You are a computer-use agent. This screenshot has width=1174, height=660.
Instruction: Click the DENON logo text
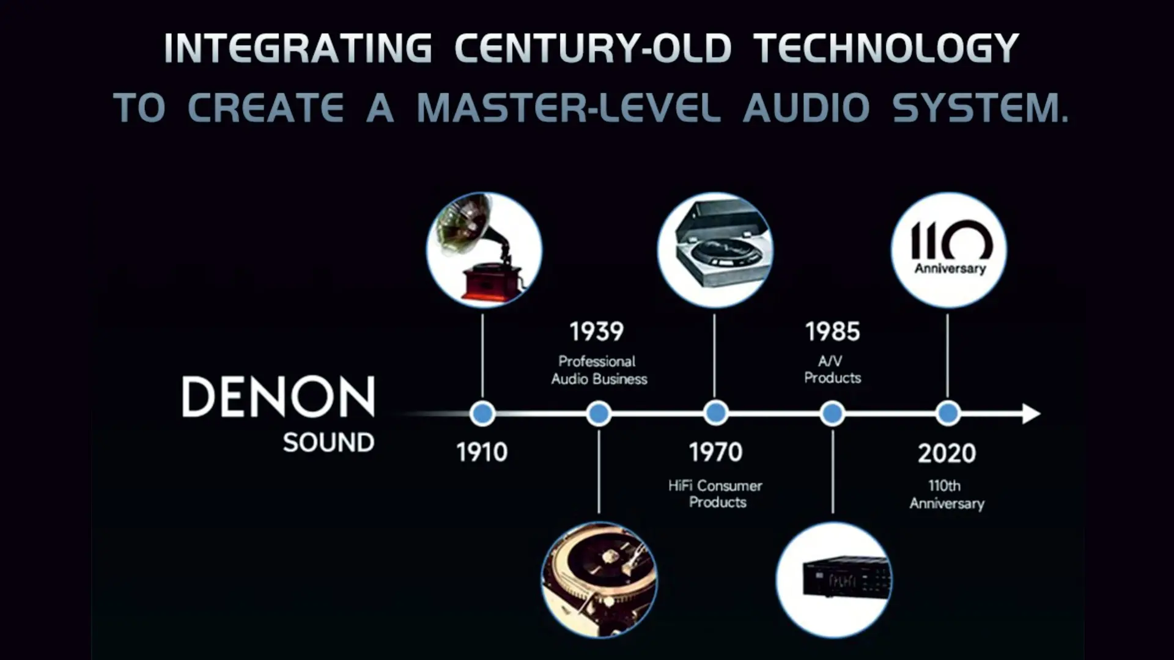click(x=278, y=397)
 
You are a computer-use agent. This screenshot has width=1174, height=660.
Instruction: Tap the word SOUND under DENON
click(x=328, y=442)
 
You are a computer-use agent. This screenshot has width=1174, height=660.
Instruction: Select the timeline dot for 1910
click(x=482, y=414)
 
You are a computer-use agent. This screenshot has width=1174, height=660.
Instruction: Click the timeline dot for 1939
click(x=599, y=414)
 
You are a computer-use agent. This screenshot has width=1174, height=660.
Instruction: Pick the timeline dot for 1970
click(x=715, y=414)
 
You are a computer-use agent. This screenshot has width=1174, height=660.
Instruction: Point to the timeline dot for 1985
click(x=832, y=414)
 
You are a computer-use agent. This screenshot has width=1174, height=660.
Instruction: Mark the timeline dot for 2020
click(x=948, y=414)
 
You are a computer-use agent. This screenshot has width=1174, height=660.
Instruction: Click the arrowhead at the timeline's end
click(x=1031, y=414)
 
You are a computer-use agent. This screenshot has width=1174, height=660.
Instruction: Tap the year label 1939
click(x=597, y=332)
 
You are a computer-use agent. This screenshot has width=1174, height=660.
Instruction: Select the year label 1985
click(x=832, y=332)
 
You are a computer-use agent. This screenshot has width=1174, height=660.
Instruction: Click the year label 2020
click(x=947, y=453)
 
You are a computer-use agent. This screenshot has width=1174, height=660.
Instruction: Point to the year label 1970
click(x=715, y=452)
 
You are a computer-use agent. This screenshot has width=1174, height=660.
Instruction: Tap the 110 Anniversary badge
click(x=948, y=249)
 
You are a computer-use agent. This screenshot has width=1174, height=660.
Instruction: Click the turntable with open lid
click(x=715, y=249)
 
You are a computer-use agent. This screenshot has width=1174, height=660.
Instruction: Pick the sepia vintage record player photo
click(x=599, y=579)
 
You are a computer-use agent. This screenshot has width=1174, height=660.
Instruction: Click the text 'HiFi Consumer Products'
click(x=716, y=494)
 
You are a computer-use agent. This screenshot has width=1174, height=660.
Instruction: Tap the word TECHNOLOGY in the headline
click(x=886, y=48)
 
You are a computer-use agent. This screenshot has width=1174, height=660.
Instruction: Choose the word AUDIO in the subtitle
click(x=806, y=108)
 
